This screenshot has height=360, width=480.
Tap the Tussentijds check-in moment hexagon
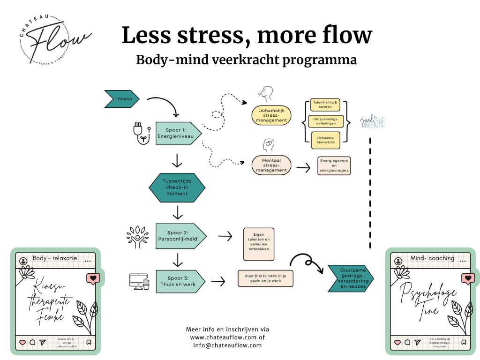[177, 187]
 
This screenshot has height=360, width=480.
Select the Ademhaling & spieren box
[325, 105]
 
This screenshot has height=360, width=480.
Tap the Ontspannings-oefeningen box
[325, 121]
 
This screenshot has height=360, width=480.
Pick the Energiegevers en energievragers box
[334, 165]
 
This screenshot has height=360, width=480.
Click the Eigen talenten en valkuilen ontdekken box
[258, 244]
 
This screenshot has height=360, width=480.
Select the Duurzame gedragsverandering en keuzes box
[350, 278]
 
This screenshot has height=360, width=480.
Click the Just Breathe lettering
[373, 123]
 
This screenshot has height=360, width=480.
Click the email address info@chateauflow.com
[227, 345]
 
